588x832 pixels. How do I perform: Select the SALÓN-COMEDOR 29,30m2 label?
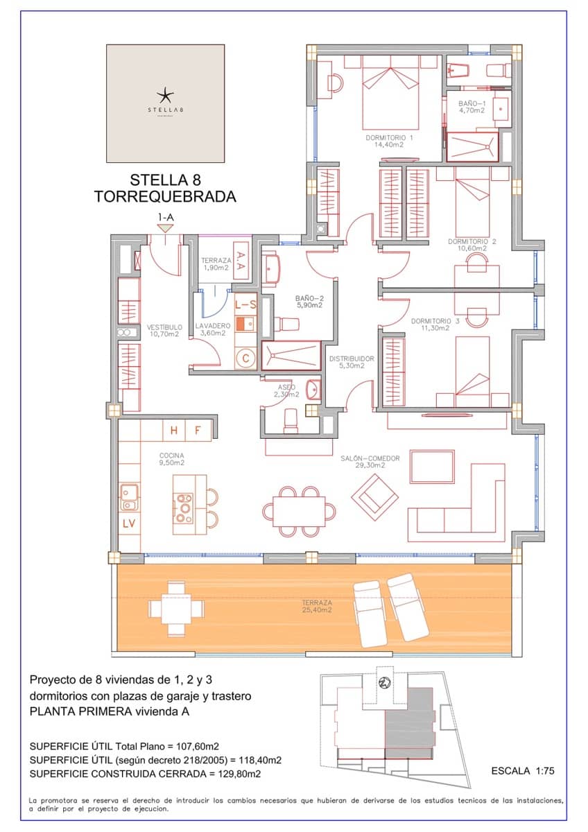tap(370, 462)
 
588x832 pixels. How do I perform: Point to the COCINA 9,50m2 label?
tap(171, 459)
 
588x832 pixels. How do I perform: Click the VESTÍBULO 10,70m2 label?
tap(164, 330)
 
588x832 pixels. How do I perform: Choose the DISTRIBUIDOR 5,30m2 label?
tap(351, 363)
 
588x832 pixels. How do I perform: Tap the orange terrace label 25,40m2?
tap(316, 607)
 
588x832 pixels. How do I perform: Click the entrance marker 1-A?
tap(165, 218)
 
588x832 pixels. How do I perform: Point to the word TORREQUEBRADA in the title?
tap(165, 197)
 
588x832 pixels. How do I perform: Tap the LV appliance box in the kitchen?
tap(129, 523)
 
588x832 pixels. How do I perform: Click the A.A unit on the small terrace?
tap(240, 260)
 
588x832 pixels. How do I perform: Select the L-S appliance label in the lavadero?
tap(245, 304)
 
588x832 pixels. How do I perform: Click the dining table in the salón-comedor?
tap(299, 512)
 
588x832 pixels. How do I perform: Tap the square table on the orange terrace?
tap(177, 609)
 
